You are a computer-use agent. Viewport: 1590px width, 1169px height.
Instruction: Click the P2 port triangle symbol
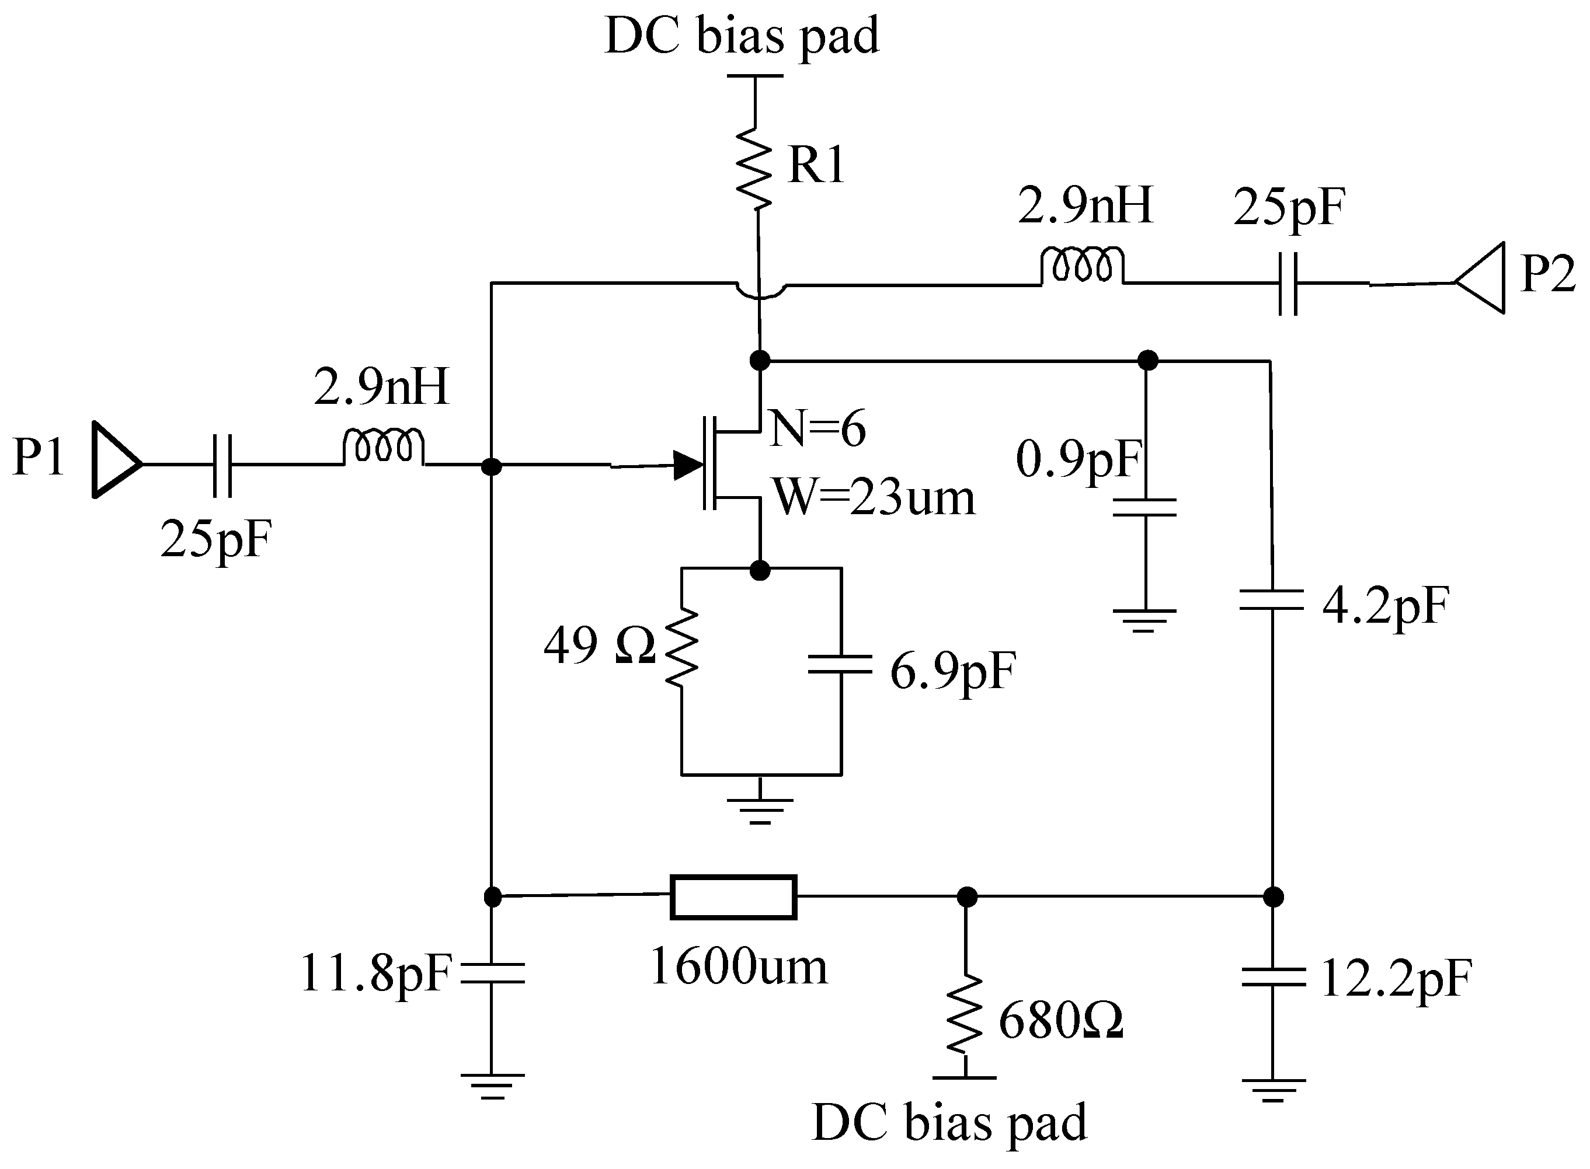[x=1483, y=278]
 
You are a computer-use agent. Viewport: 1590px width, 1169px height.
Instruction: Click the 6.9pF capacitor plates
[x=840, y=664]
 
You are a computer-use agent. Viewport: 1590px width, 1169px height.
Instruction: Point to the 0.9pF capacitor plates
[x=1144, y=507]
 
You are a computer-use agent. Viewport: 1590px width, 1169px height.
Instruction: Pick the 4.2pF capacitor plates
[x=1272, y=599]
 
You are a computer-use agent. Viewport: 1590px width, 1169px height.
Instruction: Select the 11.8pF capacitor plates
[x=493, y=973]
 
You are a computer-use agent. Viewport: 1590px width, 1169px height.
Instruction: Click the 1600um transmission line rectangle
[x=733, y=897]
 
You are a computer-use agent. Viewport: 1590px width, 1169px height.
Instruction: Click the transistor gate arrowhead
[x=687, y=465]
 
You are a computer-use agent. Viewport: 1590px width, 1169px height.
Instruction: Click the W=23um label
[x=875, y=497]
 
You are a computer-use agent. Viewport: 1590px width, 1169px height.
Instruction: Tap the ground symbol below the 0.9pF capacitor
[x=1144, y=619]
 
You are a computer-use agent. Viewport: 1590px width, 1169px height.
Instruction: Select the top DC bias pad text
[x=742, y=36]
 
